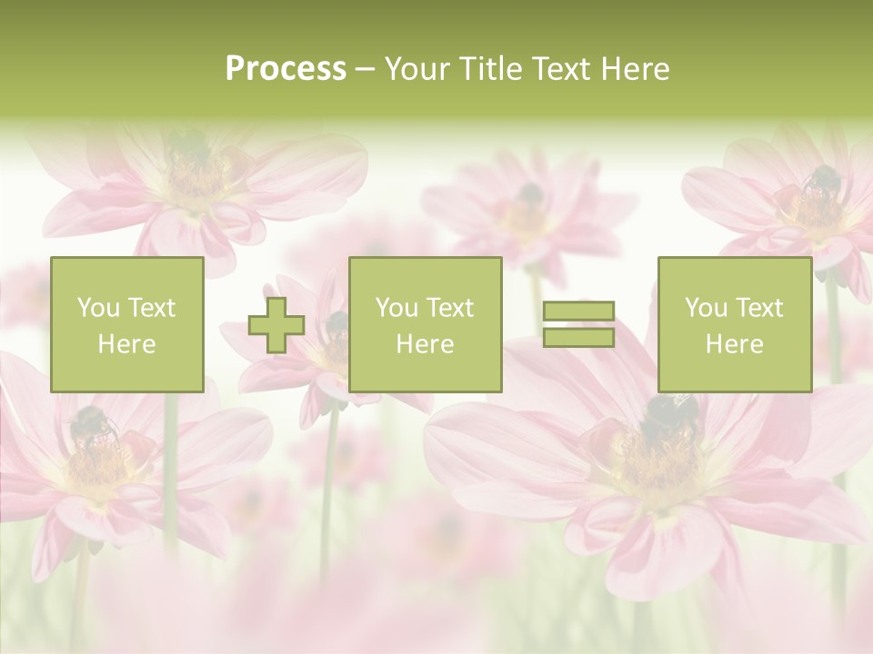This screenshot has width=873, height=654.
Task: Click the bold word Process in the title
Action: (286, 69)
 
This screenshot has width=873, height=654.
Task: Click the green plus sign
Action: (276, 325)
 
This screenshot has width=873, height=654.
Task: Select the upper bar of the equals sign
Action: (578, 312)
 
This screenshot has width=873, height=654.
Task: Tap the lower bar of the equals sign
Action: (578, 338)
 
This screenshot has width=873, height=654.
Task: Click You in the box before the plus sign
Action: (97, 308)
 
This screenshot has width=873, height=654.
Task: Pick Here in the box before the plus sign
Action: (126, 344)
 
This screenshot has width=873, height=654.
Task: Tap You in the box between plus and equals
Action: (396, 308)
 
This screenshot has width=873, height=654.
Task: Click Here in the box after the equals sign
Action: (734, 344)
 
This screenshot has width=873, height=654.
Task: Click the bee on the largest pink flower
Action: (667, 418)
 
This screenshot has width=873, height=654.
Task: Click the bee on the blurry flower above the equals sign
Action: (530, 194)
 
